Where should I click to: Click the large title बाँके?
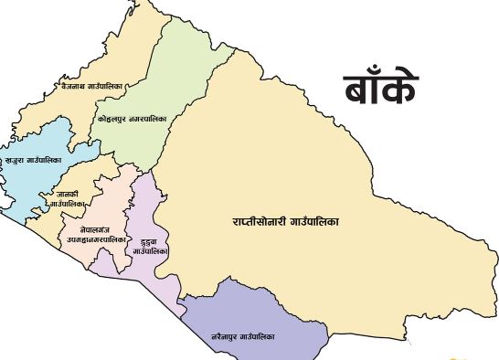(x=381, y=89)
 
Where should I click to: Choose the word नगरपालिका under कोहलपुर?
(x=148, y=119)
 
